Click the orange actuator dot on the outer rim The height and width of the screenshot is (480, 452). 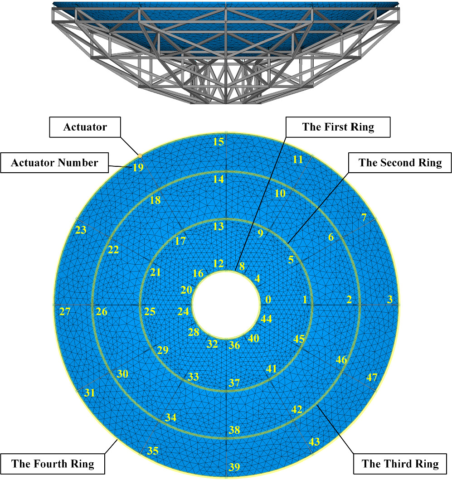pyautogui.click(x=140, y=156)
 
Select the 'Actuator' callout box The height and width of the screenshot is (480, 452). pyautogui.click(x=85, y=127)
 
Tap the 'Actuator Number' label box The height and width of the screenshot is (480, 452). pyautogui.click(x=54, y=163)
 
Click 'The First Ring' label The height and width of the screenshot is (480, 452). pyautogui.click(x=338, y=127)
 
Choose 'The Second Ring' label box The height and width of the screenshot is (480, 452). pyautogui.click(x=400, y=163)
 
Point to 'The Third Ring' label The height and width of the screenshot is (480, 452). pyautogui.click(x=400, y=464)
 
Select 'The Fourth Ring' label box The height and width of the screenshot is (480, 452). pyautogui.click(x=53, y=464)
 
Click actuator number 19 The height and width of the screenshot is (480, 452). pyautogui.click(x=138, y=167)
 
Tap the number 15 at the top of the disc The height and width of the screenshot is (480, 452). pyautogui.click(x=219, y=142)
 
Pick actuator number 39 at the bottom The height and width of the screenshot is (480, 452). pyautogui.click(x=234, y=467)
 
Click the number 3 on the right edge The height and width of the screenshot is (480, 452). pyautogui.click(x=389, y=299)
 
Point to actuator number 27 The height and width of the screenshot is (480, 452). pyautogui.click(x=65, y=311)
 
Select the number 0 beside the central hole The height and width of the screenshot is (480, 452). pyautogui.click(x=268, y=300)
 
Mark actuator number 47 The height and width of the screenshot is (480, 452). pyautogui.click(x=372, y=377)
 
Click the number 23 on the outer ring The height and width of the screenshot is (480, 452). pyautogui.click(x=81, y=230)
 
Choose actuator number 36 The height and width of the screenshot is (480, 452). pyautogui.click(x=234, y=345)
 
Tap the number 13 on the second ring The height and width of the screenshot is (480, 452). pyautogui.click(x=219, y=227)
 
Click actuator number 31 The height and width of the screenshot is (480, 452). pyautogui.click(x=89, y=393)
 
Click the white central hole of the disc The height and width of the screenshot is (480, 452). pyautogui.click(x=226, y=305)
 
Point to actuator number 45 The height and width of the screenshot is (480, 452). pyautogui.click(x=299, y=339)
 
